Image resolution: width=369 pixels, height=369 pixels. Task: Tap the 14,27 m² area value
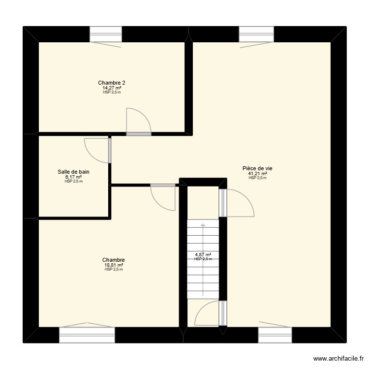point(112,88)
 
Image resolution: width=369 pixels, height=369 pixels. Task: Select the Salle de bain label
point(73,172)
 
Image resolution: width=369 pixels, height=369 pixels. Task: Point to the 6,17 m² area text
point(73,177)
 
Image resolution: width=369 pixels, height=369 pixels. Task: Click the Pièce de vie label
point(257,168)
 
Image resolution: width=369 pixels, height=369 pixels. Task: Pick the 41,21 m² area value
point(257,173)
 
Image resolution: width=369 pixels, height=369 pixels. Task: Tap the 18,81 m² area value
point(113,265)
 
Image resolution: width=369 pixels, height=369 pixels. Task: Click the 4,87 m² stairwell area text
point(203,254)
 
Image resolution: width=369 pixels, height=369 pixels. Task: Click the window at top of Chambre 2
point(105,34)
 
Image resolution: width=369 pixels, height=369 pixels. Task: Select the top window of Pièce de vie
point(256,34)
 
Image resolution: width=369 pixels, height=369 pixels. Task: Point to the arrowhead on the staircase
point(202,225)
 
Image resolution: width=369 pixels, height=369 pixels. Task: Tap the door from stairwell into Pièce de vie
point(237,203)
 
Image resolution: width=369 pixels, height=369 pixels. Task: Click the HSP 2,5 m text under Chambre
point(113,270)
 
